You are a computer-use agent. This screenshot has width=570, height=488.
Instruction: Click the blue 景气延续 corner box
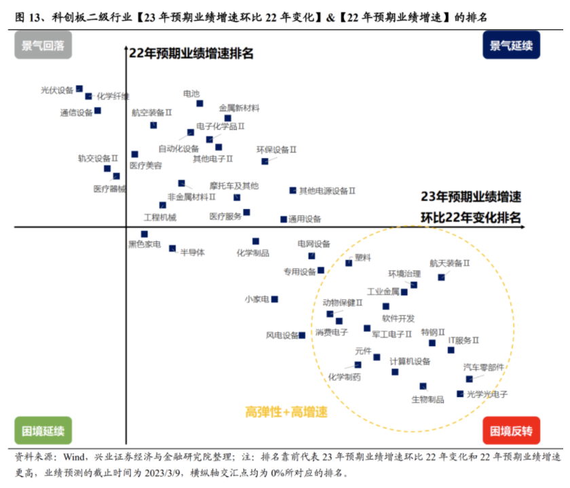[511, 46]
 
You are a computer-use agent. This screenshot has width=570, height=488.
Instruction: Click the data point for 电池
[200, 103]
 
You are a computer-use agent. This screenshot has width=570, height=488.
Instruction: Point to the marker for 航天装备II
[441, 277]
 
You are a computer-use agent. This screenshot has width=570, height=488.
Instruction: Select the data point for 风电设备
[303, 335]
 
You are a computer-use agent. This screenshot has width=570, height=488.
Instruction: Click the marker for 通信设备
[98, 110]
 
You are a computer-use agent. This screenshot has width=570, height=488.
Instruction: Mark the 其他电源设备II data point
[293, 191]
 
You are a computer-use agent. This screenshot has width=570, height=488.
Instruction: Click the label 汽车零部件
[484, 367]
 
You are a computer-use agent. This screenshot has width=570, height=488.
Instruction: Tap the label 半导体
[192, 252]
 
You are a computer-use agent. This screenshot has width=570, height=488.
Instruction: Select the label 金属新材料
[239, 107]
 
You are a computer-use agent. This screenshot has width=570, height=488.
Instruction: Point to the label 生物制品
[427, 399]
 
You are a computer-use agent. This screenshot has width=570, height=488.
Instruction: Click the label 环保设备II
[276, 149]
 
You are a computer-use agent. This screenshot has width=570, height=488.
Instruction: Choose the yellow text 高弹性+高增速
[286, 411]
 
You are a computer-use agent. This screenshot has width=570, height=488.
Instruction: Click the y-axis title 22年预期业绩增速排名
[191, 54]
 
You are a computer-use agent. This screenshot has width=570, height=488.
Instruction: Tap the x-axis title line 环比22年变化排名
[470, 217]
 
